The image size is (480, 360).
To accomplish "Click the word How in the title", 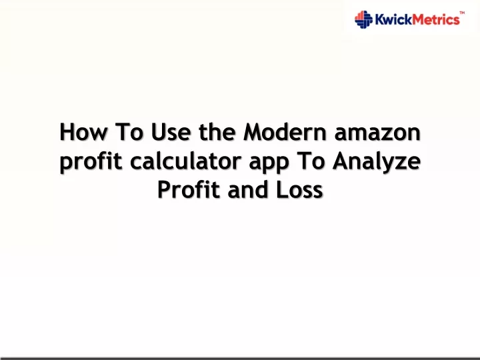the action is (x=83, y=132).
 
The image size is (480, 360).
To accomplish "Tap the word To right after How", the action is (x=129, y=132).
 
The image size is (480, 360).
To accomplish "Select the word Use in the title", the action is (x=171, y=132).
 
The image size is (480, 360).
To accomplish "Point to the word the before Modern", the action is (x=217, y=131).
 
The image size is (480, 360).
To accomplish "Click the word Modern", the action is (x=285, y=131).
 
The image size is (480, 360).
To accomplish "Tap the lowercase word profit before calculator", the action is (x=91, y=161).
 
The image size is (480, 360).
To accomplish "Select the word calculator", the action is (x=185, y=161).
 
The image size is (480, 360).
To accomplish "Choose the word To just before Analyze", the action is (x=311, y=161).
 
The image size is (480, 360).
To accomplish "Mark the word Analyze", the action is (x=377, y=161).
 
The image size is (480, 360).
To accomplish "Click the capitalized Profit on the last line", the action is (x=189, y=189).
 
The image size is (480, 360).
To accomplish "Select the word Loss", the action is (x=299, y=190).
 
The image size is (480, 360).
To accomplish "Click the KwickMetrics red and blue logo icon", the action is (x=364, y=19).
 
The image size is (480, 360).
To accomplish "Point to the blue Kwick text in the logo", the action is (x=393, y=19).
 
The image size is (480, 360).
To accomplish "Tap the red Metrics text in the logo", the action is (x=435, y=19).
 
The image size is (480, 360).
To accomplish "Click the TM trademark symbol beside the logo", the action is (x=462, y=13).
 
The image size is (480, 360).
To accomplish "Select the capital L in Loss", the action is (x=281, y=189).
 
